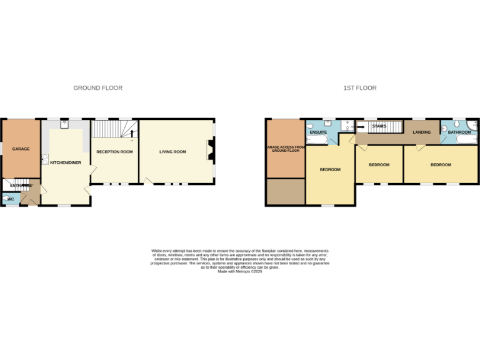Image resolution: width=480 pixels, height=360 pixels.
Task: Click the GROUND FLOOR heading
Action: pos(98,88)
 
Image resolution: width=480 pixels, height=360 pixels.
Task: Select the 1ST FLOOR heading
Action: pos(360,88)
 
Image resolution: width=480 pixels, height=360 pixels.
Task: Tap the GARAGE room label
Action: pos(21,149)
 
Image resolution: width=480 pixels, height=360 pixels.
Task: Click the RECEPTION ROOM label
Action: pos(115,152)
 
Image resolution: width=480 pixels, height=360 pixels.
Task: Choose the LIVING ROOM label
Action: pos(172,152)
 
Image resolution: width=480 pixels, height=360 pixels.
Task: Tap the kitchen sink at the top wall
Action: pos(64,124)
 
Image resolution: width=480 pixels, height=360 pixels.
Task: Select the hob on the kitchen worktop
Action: pos(44,159)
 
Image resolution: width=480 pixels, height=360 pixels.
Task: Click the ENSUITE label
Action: pos(318,132)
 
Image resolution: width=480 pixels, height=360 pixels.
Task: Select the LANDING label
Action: pos(422,132)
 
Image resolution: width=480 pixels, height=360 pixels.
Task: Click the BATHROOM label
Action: pos(459,132)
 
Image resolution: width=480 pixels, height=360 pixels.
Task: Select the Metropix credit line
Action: pos(240,271)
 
